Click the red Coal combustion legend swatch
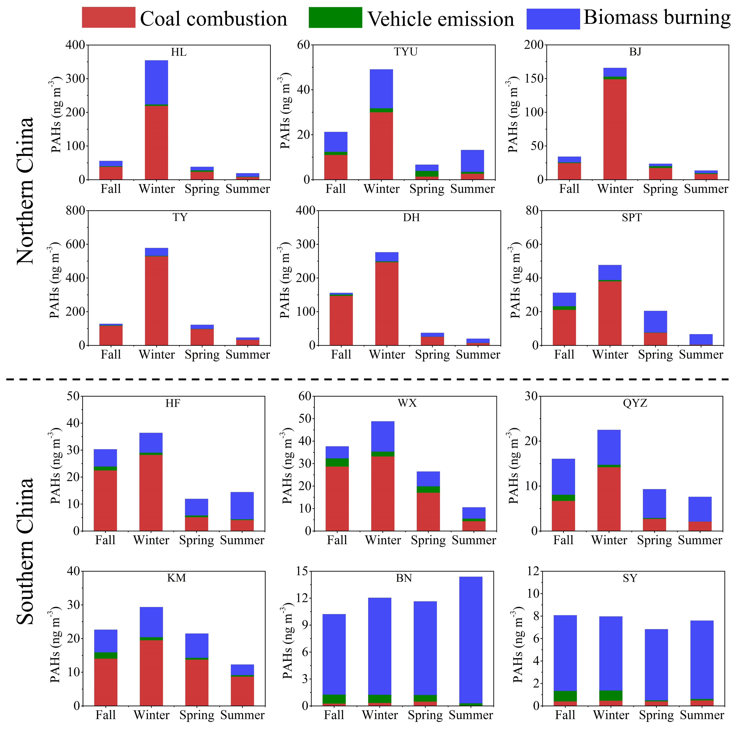(x=108, y=18)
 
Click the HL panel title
(x=179, y=52)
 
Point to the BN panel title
(x=404, y=578)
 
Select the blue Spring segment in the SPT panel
(x=656, y=322)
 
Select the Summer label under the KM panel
(x=243, y=715)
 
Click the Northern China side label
(x=25, y=191)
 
